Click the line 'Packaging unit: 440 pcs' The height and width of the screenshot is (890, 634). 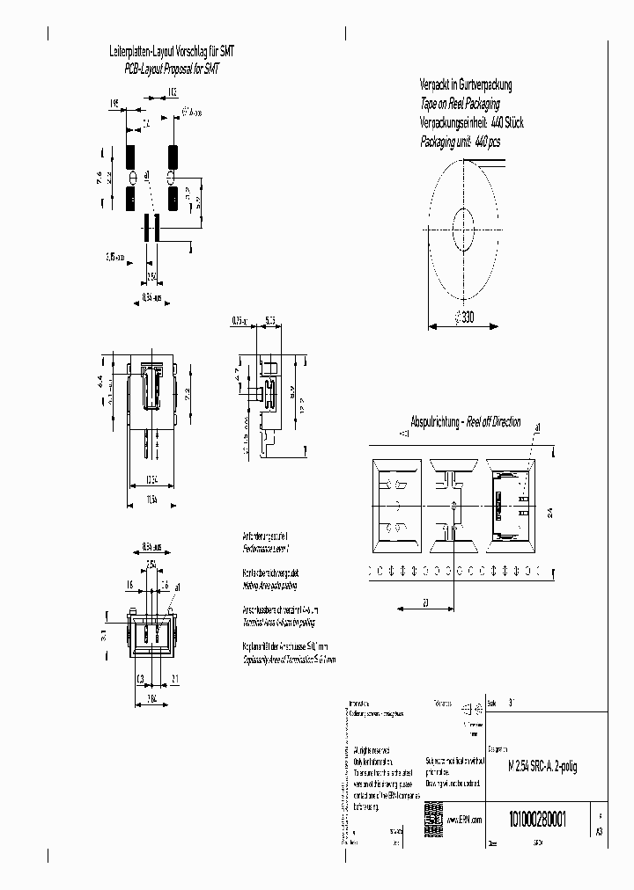(x=471, y=141)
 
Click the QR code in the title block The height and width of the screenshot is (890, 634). (x=432, y=813)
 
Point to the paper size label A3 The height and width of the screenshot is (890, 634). (x=600, y=829)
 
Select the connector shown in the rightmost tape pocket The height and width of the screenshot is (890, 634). (x=511, y=507)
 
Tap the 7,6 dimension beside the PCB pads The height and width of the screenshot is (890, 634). (x=100, y=176)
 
